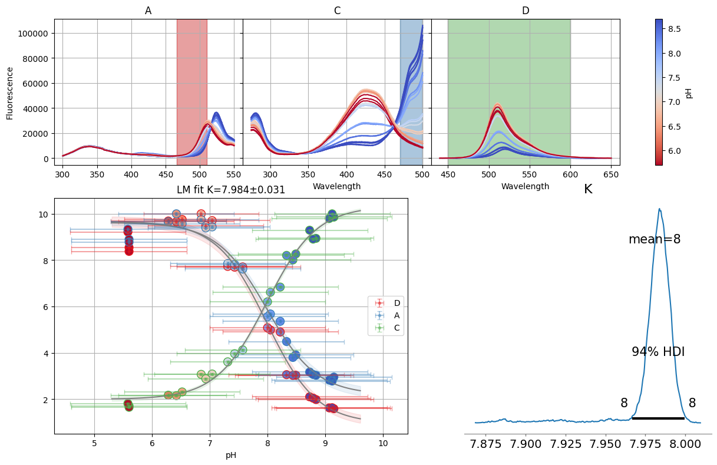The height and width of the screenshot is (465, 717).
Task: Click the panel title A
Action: [148, 11]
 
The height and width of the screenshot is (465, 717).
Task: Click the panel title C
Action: [337, 11]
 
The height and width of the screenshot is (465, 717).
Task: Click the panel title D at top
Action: [526, 11]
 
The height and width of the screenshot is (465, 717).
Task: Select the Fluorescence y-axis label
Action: [10, 93]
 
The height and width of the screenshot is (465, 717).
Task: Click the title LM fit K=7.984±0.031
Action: [231, 190]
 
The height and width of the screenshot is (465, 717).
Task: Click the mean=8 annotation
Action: [655, 240]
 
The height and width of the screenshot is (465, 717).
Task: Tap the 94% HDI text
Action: [658, 352]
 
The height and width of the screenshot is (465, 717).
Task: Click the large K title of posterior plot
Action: [588, 189]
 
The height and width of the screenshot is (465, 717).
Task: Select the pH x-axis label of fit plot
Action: [231, 455]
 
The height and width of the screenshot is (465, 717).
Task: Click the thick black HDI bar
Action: [658, 418]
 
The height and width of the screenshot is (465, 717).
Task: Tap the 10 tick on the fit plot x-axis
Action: [383, 443]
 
